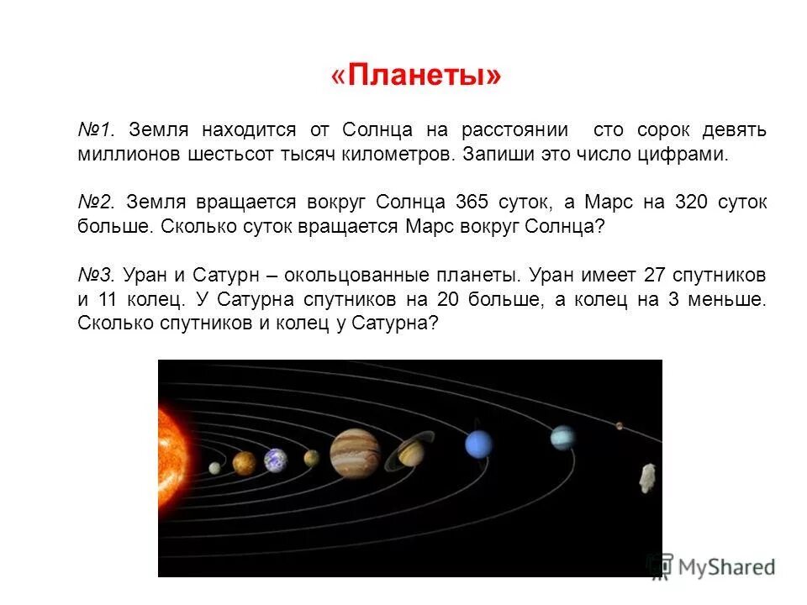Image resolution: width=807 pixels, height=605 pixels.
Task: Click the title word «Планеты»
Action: [x=416, y=76]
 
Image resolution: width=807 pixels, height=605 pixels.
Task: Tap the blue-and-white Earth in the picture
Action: [x=275, y=460]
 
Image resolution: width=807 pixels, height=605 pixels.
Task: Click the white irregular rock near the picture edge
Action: [x=647, y=477]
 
